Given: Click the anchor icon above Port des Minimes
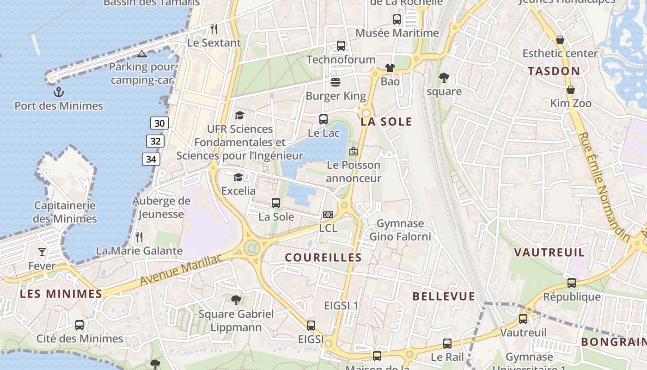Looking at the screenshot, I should (x=58, y=92).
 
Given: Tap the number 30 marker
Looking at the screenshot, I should (x=159, y=123).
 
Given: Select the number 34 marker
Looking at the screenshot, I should (x=151, y=160).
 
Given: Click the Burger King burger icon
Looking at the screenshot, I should (x=336, y=82).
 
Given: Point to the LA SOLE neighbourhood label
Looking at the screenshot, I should (x=386, y=122).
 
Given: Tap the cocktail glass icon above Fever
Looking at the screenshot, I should (x=42, y=252).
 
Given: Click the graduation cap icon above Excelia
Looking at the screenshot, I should (x=238, y=177).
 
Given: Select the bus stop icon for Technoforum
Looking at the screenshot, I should (x=341, y=46).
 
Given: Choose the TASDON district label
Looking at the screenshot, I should (x=554, y=71).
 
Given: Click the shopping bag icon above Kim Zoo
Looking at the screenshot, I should (x=571, y=90).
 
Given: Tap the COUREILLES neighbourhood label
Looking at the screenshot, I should (x=323, y=258).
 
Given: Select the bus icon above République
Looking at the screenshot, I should (x=572, y=283).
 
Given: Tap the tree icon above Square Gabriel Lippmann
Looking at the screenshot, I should (x=236, y=300).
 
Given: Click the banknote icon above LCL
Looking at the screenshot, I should (x=328, y=215).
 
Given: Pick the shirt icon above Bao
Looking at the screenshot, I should (x=390, y=68).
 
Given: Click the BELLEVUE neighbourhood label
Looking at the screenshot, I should (x=444, y=296).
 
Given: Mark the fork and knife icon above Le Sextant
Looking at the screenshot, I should (x=214, y=29).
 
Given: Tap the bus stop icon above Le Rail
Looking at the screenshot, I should (x=447, y=344).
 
